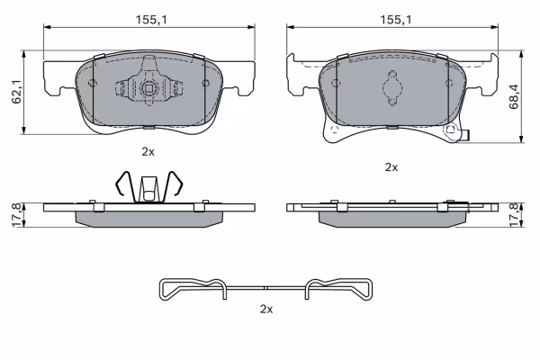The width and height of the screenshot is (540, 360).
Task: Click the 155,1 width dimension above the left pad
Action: (151, 20)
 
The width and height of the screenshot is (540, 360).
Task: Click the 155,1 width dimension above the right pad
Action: (395, 20)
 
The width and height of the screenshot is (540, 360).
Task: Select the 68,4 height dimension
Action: (514, 96)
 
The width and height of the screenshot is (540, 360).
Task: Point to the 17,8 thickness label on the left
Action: (17, 215)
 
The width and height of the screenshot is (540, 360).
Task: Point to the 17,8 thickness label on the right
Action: (514, 215)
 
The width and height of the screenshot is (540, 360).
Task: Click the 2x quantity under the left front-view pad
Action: (148, 151)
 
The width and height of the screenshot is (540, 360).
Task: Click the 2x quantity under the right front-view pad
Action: (391, 167)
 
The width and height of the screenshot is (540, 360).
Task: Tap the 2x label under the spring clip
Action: (266, 310)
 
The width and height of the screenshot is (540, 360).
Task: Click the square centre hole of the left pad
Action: (148, 89)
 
